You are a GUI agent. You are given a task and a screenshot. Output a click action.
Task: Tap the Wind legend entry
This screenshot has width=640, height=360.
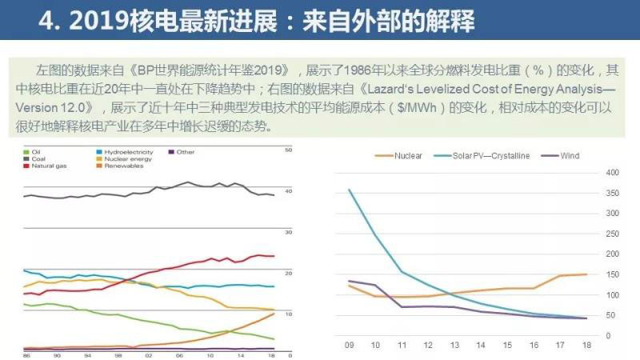569,155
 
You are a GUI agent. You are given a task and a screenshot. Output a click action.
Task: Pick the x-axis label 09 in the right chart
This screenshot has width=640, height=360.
349,345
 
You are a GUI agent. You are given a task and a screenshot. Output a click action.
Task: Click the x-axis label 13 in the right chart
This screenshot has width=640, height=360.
454,345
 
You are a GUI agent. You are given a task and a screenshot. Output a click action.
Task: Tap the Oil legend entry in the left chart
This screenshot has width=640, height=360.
37,151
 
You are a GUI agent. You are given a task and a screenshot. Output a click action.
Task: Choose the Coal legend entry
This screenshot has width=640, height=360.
38,158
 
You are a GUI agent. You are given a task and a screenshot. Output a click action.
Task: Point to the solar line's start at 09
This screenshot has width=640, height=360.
349,190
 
